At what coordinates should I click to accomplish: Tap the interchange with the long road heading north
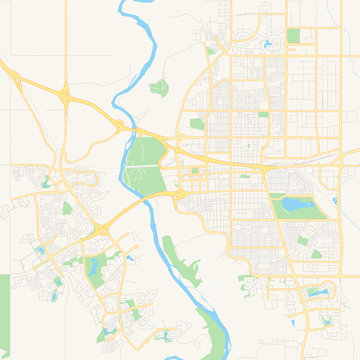66,95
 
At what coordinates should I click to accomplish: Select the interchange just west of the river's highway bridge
119,125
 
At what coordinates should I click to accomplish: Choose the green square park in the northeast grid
293,36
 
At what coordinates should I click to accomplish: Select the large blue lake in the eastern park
296,205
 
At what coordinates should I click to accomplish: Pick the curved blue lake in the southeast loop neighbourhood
318,293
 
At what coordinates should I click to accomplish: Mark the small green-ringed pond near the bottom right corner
325,319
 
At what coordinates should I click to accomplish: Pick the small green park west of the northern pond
211,50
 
